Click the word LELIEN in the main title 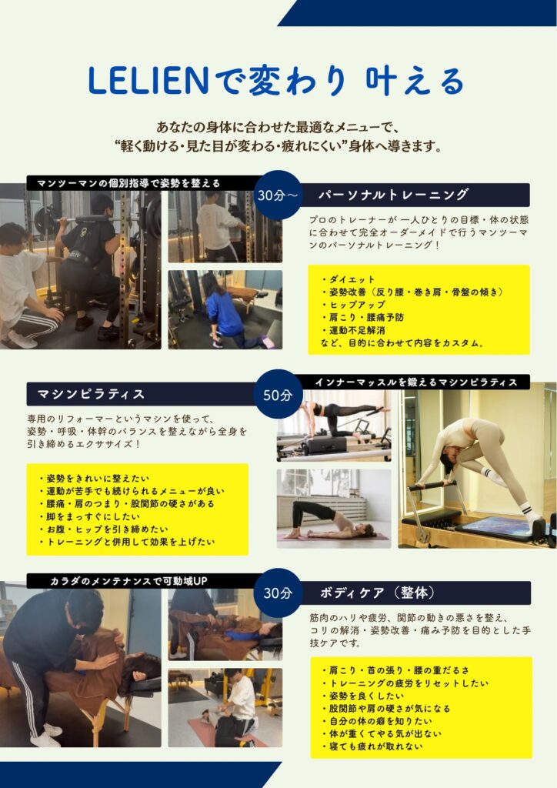(x=148, y=81)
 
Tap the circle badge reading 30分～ (x=278, y=195)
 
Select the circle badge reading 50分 (x=278, y=395)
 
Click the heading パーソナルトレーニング (x=394, y=195)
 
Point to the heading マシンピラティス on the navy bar (x=91, y=394)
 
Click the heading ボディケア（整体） (x=378, y=593)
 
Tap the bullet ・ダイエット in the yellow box (x=349, y=279)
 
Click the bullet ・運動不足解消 (x=354, y=330)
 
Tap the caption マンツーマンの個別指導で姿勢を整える (x=128, y=183)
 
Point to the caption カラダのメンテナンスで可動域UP (x=128, y=581)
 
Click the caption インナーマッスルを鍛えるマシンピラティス (x=416, y=382)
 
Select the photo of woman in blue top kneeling (x=225, y=309)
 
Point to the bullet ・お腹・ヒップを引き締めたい (x=103, y=529)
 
